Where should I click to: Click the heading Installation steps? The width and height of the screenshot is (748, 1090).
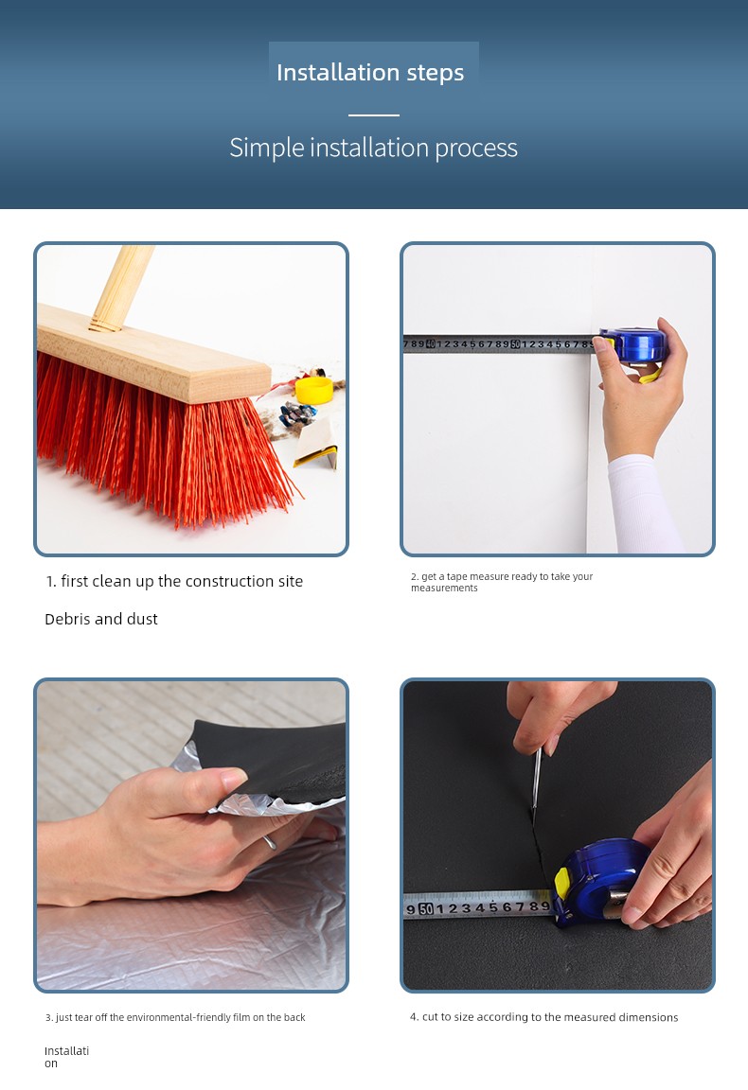[x=370, y=72]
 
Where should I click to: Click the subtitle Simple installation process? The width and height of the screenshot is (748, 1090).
[x=374, y=148]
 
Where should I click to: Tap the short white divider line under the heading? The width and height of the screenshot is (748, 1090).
[x=374, y=114]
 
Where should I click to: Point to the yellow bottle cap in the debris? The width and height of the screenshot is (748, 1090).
[x=313, y=389]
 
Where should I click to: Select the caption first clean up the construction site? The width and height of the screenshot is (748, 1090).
[x=174, y=581]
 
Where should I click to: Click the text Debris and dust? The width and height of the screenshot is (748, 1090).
[x=101, y=619]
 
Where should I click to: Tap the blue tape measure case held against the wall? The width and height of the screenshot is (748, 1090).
[x=632, y=345]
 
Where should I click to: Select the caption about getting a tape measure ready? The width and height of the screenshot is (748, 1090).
[x=502, y=582]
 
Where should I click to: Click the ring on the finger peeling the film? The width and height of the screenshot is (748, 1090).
[x=269, y=842]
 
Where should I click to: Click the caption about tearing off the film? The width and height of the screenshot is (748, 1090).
[x=175, y=1017]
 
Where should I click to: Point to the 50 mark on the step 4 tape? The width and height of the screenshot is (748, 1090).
[x=426, y=908]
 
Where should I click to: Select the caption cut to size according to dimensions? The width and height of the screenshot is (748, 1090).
[x=544, y=1017]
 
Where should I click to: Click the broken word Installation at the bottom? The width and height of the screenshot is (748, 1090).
[x=67, y=1057]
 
